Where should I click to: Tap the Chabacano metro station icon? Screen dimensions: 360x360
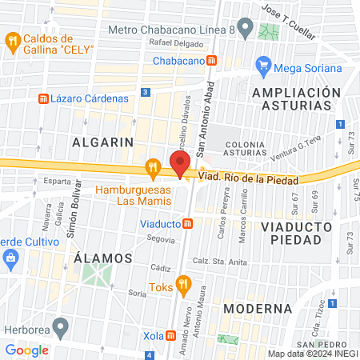211,60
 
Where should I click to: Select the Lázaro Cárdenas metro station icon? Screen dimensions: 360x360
44,98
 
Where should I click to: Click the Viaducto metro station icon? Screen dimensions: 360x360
187,224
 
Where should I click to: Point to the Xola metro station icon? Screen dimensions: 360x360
171,336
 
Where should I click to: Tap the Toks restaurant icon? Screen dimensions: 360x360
183,282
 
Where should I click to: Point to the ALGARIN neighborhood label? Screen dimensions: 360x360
102,142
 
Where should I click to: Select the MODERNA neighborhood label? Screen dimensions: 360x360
258,308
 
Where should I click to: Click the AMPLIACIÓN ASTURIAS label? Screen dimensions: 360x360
291,100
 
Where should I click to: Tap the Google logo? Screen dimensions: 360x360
27,350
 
